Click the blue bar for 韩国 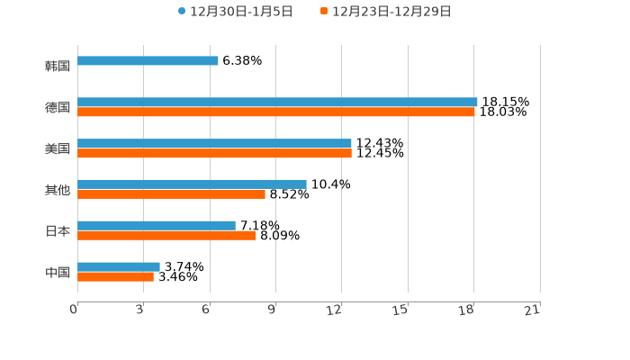tap(148, 61)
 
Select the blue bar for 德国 tap(277, 103)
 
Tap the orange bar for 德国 tap(276, 112)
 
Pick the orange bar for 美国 tap(214, 154)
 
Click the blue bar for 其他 tap(192, 184)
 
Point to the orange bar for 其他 tap(171, 193)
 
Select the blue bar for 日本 tap(157, 225)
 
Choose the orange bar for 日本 tap(166, 236)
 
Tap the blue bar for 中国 tap(119, 266)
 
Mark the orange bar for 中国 tap(115, 277)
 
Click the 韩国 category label tap(58, 66)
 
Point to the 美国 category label tap(58, 148)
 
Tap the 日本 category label tap(58, 230)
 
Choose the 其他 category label tap(58, 190)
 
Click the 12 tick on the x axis tap(335, 310)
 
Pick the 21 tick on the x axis tap(533, 310)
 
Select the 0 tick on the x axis tap(74, 310)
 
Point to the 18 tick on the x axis tap(467, 310)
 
